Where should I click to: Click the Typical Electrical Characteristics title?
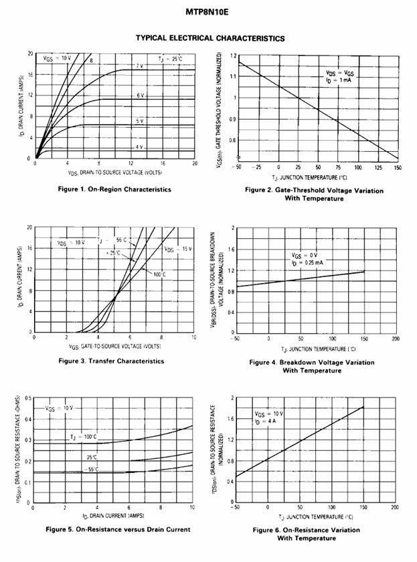pyautogui.click(x=210, y=38)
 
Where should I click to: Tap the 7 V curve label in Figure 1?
pyautogui.click(x=140, y=66)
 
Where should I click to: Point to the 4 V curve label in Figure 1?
pyautogui.click(x=139, y=147)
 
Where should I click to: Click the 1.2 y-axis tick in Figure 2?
pyautogui.click(x=232, y=55)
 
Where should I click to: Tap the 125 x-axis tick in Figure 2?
pyautogui.click(x=378, y=167)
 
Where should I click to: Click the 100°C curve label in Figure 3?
pyautogui.click(x=159, y=274)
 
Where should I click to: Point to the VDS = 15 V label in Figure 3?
pyautogui.click(x=179, y=249)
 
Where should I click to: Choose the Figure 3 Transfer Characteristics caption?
pyautogui.click(x=111, y=361)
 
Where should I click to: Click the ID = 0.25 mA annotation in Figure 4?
pyautogui.click(x=309, y=263)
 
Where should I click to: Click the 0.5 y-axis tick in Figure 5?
pyautogui.click(x=29, y=399)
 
